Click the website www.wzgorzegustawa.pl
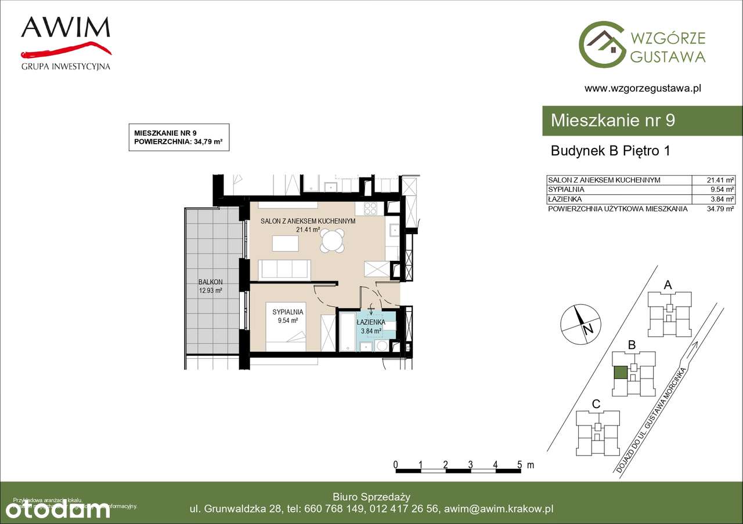pyautogui.click(x=643, y=89)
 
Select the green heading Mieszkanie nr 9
pyautogui.click(x=612, y=121)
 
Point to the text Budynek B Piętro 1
pyautogui.click(x=610, y=151)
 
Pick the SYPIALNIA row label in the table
pyautogui.click(x=566, y=190)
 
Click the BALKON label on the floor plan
pyautogui.click(x=210, y=282)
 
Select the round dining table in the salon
pyautogui.click(x=333, y=241)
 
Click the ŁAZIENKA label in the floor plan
pyautogui.click(x=371, y=322)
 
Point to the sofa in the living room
pyautogui.click(x=284, y=270)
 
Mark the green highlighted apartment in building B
pyautogui.click(x=620, y=373)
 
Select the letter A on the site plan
pyautogui.click(x=668, y=285)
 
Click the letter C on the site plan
pyautogui.click(x=596, y=403)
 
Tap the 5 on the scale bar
pyautogui.click(x=520, y=465)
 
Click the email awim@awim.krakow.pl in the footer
pyautogui.click(x=498, y=509)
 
